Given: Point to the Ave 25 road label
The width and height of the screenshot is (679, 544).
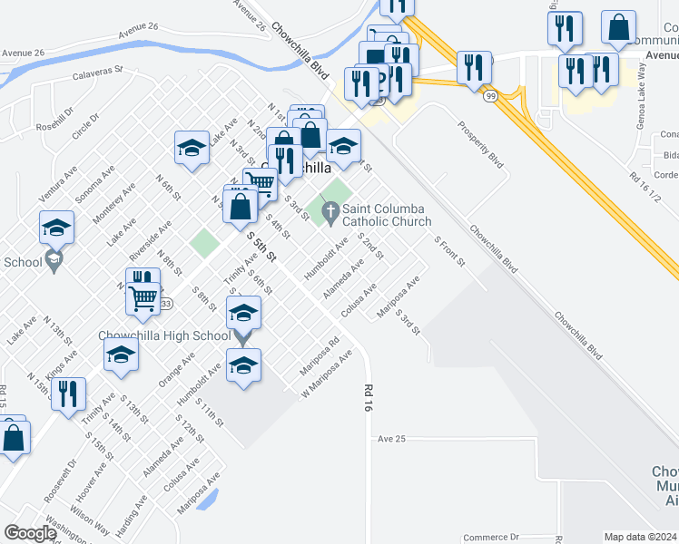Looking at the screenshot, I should tap(391, 439).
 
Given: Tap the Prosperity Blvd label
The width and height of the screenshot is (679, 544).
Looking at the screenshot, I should tap(481, 146).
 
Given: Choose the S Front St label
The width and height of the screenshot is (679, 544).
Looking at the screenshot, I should tap(449, 252).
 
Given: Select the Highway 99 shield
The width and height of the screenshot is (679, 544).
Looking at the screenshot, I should tap(490, 95).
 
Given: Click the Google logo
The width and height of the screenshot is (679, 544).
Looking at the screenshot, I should tap(30, 533).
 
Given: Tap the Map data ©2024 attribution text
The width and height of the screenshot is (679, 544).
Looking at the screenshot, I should tap(640, 537).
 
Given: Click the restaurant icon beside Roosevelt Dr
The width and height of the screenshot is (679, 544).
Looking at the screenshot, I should tap(68, 393).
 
